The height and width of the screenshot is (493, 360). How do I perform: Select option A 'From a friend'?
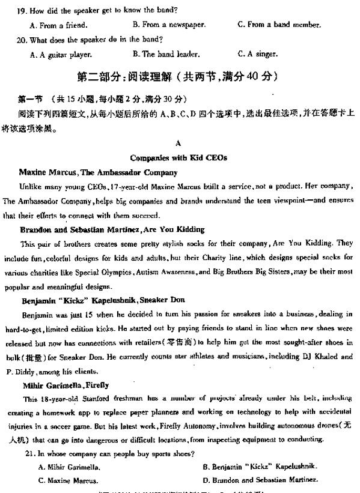click(x=58, y=25)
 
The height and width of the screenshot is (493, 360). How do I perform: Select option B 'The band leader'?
click(x=166, y=54)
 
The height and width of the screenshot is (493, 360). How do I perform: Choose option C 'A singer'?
click(x=257, y=54)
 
